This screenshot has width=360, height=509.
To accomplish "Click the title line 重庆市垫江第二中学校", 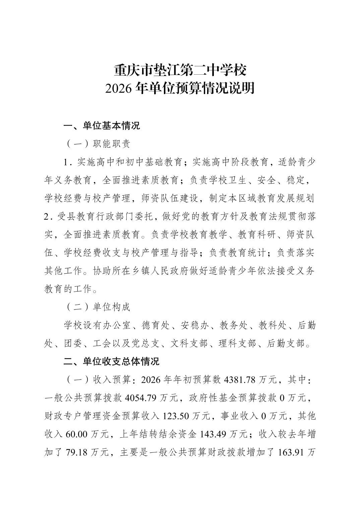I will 180,71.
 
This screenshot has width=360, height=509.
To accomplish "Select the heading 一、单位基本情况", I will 102,126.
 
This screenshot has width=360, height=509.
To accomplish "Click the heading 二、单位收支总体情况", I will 111,361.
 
